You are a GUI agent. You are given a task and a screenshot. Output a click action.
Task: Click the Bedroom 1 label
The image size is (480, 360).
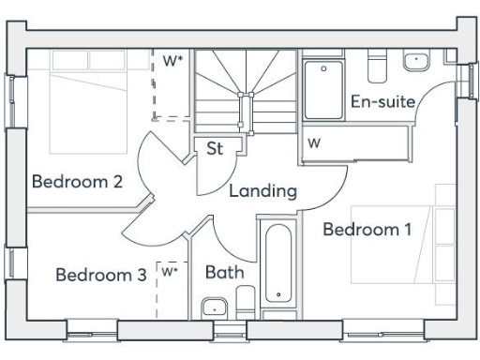point(367,229)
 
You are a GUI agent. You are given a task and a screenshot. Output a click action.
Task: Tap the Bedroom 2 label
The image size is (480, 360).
point(77,181)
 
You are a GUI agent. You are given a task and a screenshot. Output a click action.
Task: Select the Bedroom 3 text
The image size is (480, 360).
point(100,275)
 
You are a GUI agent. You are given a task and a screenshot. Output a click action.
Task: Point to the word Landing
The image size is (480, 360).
point(262,191)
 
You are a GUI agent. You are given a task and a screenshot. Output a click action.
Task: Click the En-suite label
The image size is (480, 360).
point(382,101)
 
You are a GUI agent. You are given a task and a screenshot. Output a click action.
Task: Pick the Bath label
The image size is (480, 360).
point(225,273)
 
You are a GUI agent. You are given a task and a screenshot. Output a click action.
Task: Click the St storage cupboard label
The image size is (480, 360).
point(215,148)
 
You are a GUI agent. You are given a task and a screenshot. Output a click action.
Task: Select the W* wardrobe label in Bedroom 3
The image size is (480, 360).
point(169,272)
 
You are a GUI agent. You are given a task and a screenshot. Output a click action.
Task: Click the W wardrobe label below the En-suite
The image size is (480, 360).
point(314,144)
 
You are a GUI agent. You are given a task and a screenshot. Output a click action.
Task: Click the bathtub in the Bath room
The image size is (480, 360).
point(279,265)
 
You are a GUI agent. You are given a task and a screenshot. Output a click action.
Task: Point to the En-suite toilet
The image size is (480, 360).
point(379,67)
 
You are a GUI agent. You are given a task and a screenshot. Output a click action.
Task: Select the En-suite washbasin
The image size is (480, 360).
point(415,62)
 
